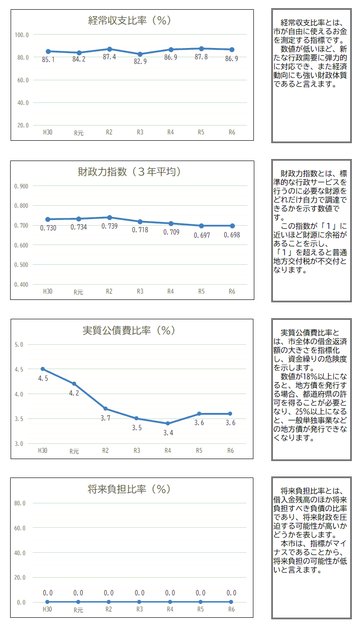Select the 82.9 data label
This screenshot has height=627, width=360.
pyautogui.click(x=140, y=61)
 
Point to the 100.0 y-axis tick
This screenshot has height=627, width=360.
pyautogui.click(x=22, y=35)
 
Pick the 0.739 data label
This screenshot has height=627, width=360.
pyautogui.click(x=109, y=226)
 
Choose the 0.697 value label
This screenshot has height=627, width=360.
pyautogui.click(x=201, y=235)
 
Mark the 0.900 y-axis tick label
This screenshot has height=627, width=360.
pyautogui.click(x=21, y=186)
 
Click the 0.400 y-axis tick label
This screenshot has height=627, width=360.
pyautogui.click(x=21, y=285)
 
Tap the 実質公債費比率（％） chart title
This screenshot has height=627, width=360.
pyautogui.click(x=129, y=331)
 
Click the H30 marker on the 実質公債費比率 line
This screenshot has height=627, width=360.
pyautogui.click(x=43, y=369)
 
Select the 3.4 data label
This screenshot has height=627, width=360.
pyautogui.click(x=168, y=433)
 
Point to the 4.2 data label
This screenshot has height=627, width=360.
pyautogui.click(x=74, y=393)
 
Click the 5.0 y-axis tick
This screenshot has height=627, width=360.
pyautogui.click(x=19, y=345)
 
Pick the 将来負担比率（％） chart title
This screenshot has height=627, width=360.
pyautogui.click(x=129, y=490)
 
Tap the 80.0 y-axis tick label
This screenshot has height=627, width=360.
pyautogui.click(x=20, y=503)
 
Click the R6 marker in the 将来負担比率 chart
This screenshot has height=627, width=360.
pyautogui.click(x=231, y=602)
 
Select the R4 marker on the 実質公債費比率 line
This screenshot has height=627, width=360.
pyautogui.click(x=168, y=424)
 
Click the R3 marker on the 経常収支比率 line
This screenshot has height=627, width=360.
pyautogui.click(x=140, y=54)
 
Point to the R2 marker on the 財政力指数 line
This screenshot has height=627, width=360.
pyautogui.click(x=109, y=217)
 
